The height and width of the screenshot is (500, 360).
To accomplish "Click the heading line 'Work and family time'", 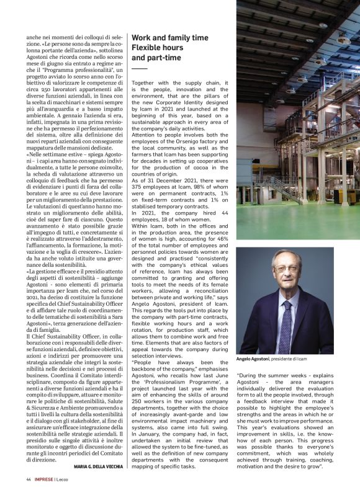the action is (x=170, y=38).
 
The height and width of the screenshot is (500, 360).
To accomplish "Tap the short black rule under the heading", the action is (x=140, y=68).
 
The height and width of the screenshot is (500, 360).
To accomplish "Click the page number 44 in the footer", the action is (x=29, y=480).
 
